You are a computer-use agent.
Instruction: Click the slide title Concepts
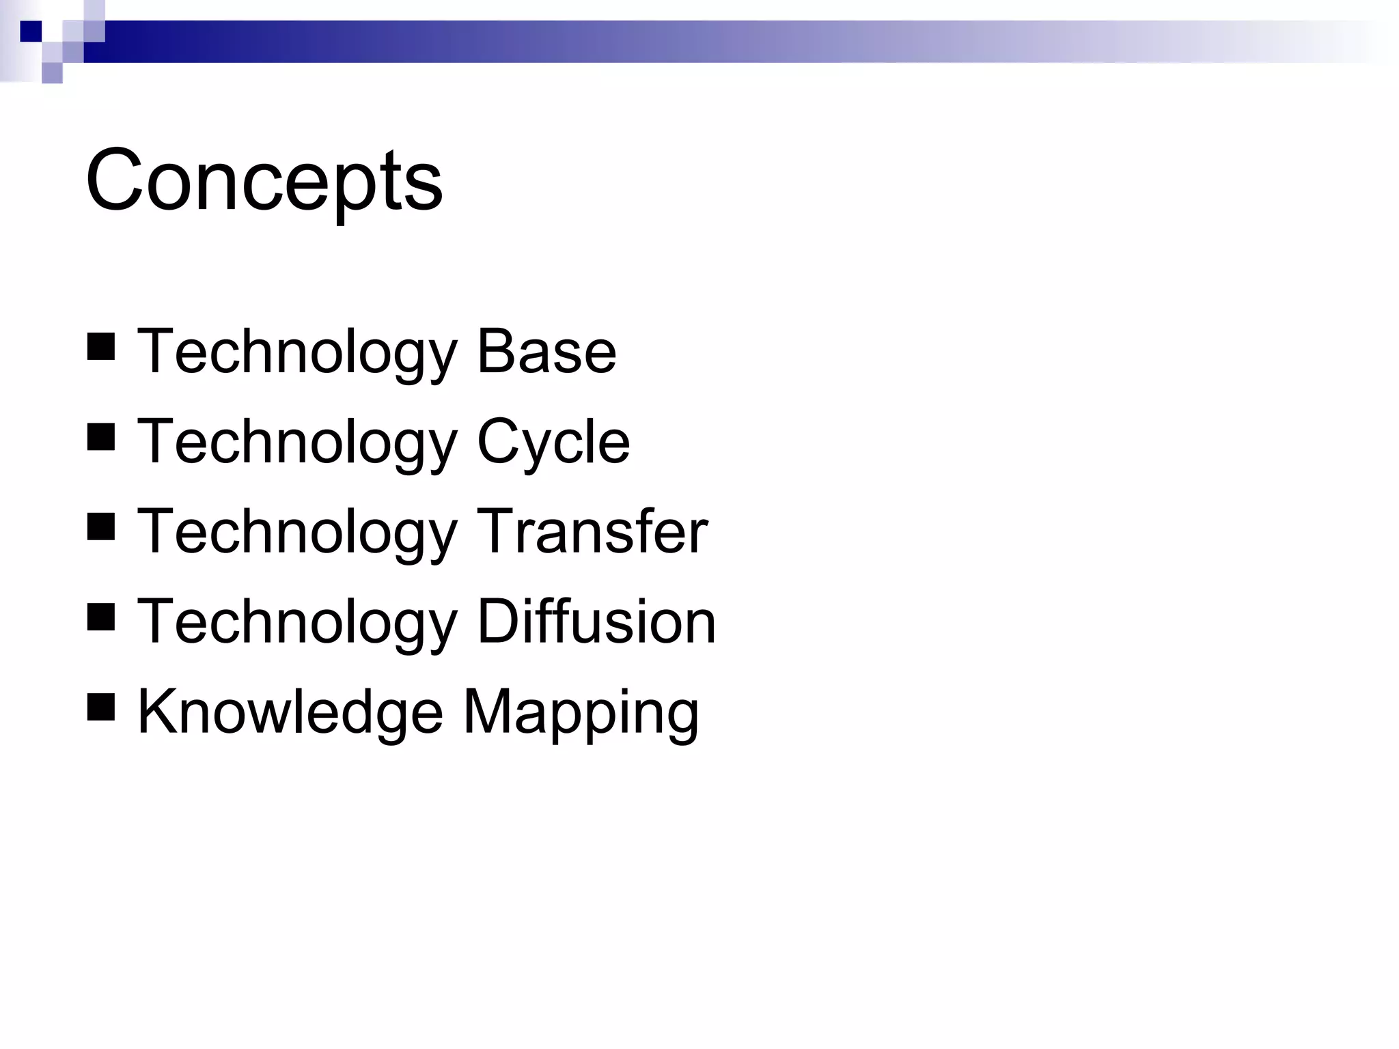[264, 181]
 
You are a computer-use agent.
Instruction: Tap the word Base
[546, 352]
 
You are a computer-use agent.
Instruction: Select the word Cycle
[553, 443]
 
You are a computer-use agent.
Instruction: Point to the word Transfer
[592, 532]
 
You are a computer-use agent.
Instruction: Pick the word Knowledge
[290, 712]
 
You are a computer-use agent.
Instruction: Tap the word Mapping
[581, 713]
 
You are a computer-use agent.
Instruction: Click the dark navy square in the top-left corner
[31, 31]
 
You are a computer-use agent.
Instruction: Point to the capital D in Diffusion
[500, 621]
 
